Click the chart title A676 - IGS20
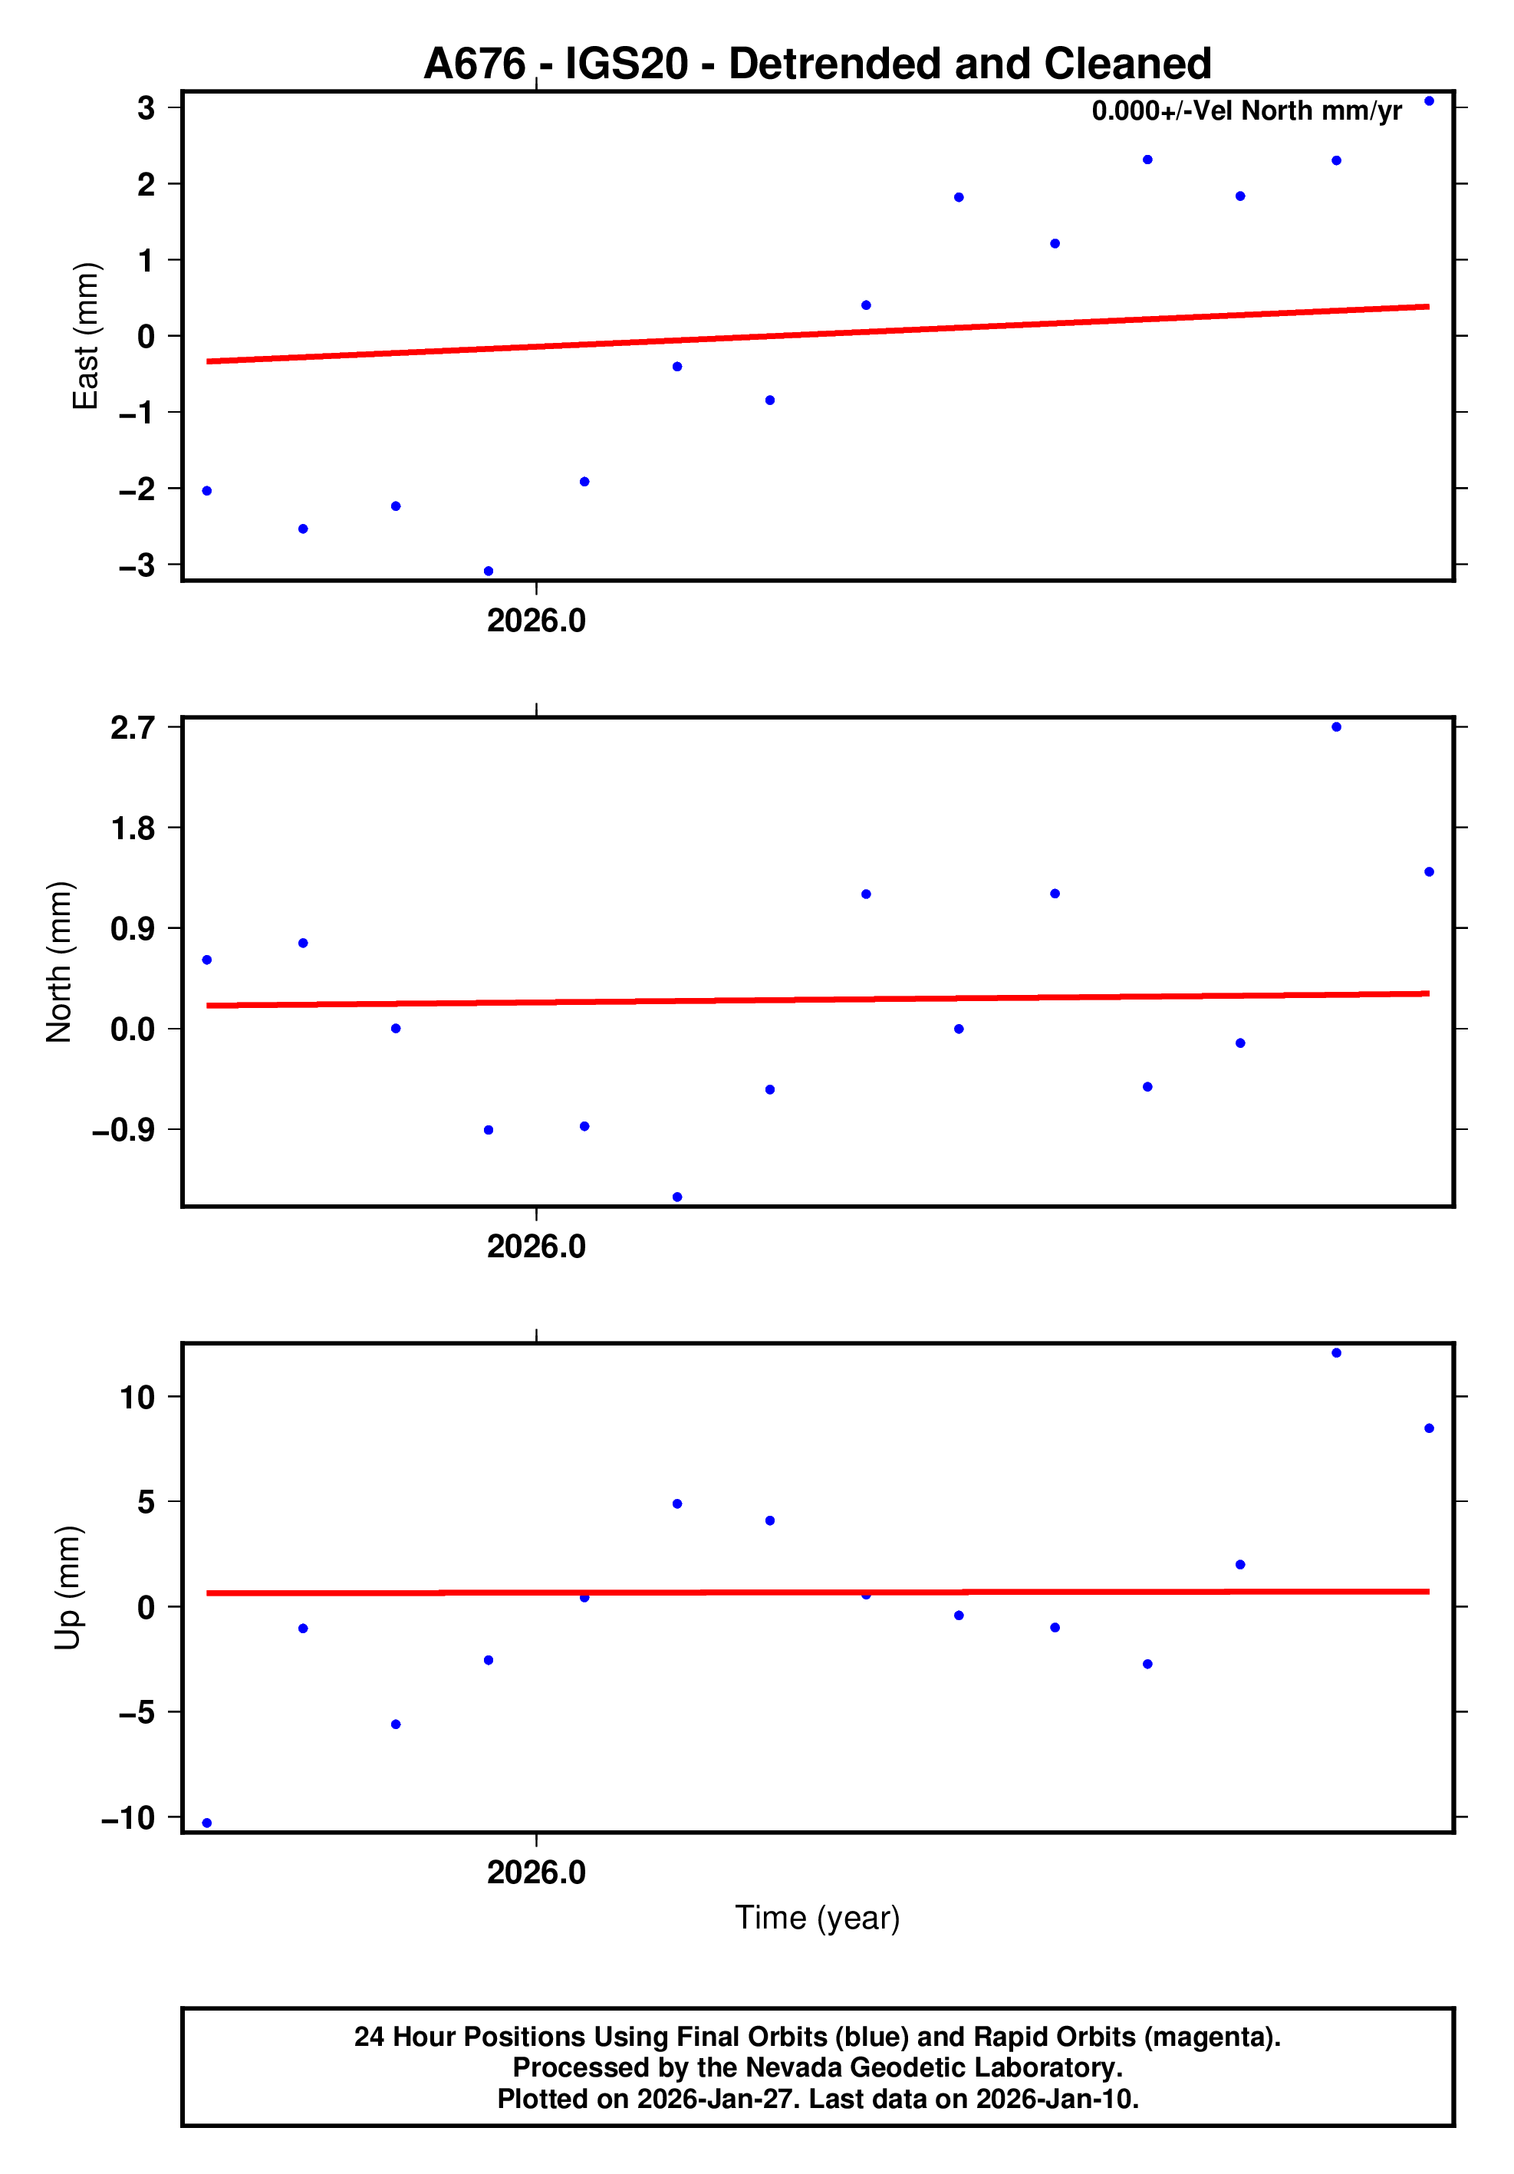(817, 64)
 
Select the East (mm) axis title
(85, 336)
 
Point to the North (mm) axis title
(59, 962)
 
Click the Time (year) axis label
(817, 1917)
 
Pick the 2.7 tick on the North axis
(133, 727)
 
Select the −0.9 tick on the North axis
(123, 1130)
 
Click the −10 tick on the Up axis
(128, 1817)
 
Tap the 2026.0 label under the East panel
(536, 621)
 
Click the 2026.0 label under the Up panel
(536, 1872)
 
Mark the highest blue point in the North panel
(1336, 727)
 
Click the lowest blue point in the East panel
(489, 571)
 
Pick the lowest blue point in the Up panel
(207, 1823)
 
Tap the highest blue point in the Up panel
(1336, 1353)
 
